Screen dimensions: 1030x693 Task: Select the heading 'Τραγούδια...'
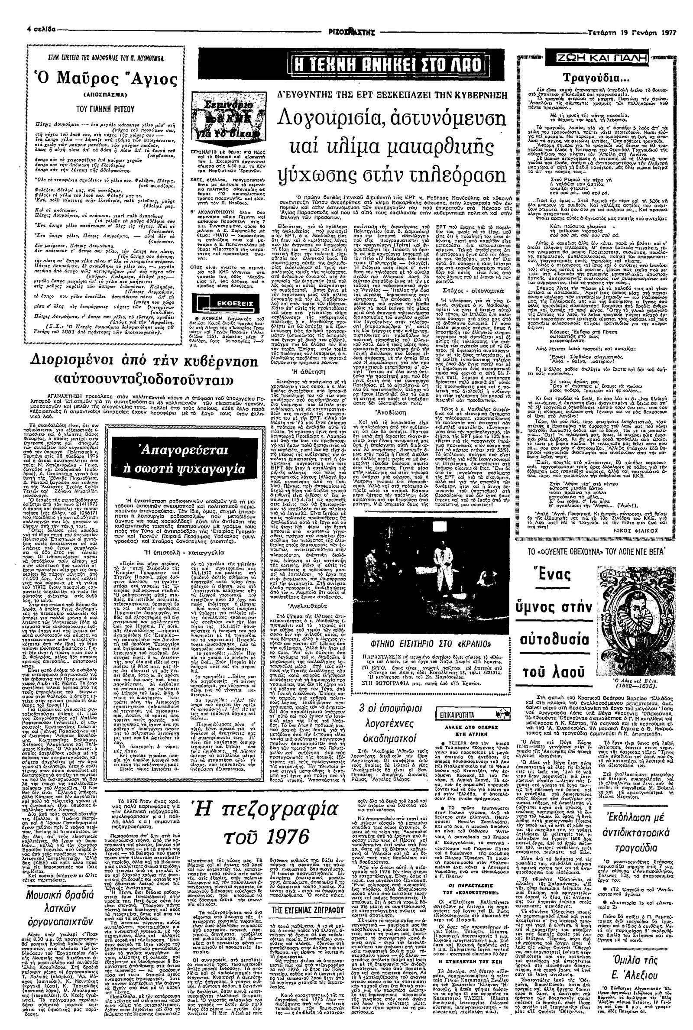point(596,78)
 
